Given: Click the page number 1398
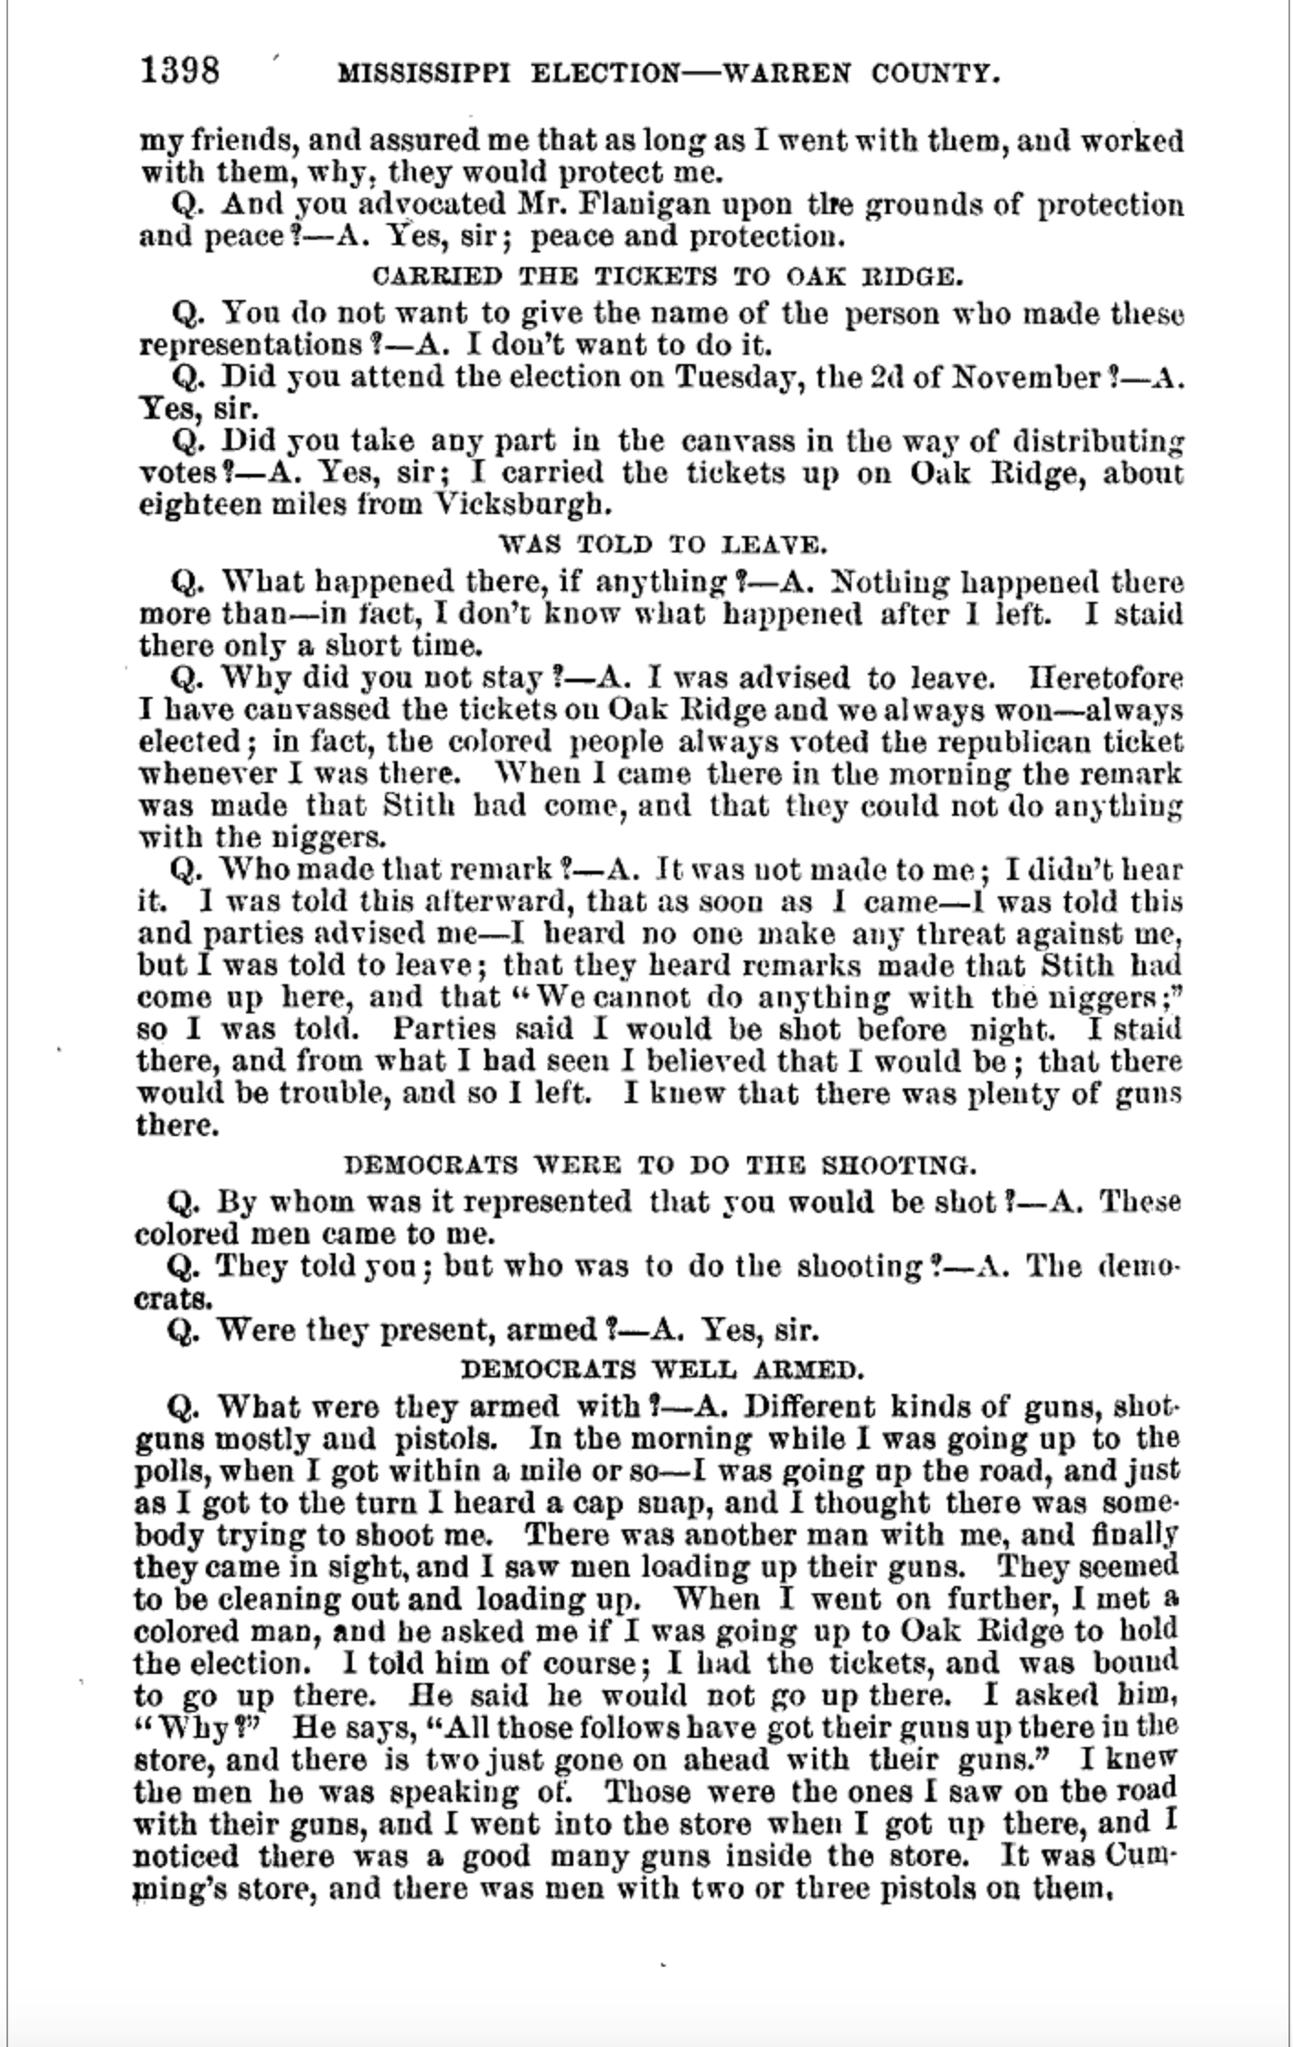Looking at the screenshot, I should [x=179, y=70].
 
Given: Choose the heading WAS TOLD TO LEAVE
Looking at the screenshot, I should [x=662, y=545].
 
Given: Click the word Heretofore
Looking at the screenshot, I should [x=1106, y=679].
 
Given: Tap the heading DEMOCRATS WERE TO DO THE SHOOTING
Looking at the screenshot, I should [x=659, y=1165].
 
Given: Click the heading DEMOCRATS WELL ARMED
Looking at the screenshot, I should [x=662, y=1369].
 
